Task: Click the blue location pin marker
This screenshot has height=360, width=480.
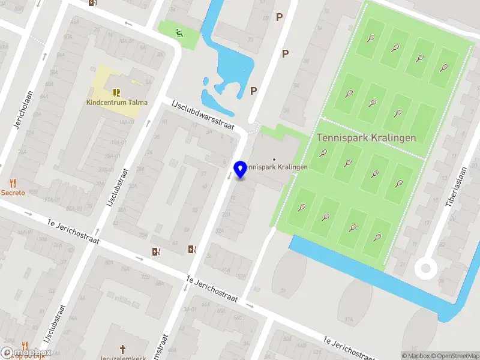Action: click(241, 170)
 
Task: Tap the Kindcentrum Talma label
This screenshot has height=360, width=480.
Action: click(116, 103)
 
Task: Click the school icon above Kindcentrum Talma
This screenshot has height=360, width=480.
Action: click(116, 92)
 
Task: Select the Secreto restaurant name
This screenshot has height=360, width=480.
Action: click(13, 193)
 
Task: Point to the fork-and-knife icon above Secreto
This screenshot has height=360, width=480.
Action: click(12, 182)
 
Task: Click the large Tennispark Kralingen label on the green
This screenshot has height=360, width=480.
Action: click(366, 137)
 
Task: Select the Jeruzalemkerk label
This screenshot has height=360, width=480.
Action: click(122, 358)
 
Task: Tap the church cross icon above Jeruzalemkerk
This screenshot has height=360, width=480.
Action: click(122, 349)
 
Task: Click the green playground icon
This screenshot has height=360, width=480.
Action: click(178, 33)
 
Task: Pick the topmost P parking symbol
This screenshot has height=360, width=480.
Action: click(279, 17)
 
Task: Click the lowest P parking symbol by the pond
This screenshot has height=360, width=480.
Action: click(254, 91)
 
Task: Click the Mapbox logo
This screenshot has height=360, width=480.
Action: click(26, 352)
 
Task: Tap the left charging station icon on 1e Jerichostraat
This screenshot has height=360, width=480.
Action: click(157, 251)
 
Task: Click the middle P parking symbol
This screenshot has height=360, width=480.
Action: click(286, 54)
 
